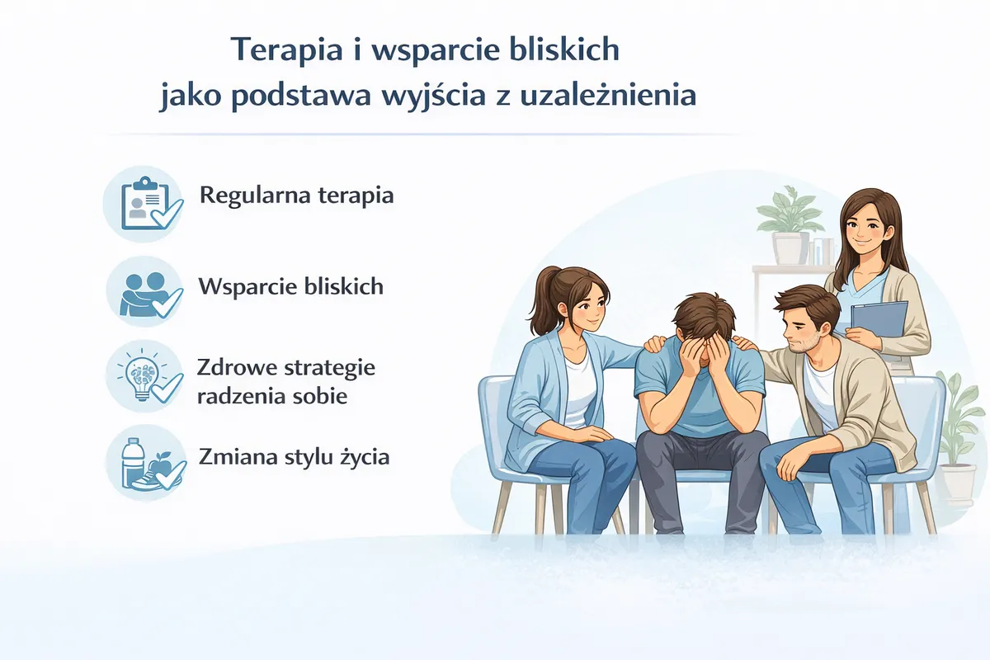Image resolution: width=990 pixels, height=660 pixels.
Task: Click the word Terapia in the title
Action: [287, 50]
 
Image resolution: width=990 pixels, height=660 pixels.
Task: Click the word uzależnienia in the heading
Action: [608, 95]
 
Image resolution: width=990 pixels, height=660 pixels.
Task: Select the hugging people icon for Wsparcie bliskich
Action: [144, 294]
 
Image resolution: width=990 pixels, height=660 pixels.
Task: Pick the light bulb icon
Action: [141, 375]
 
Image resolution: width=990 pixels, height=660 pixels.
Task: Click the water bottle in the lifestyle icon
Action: [130, 462]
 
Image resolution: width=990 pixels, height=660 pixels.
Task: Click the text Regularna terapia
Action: [296, 196]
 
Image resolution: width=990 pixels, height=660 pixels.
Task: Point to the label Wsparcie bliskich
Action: [290, 286]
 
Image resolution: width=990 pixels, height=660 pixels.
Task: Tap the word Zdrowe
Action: [237, 367]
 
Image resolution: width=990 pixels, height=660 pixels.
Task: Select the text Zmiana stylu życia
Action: [294, 457]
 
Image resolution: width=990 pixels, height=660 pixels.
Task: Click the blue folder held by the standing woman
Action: [879, 319]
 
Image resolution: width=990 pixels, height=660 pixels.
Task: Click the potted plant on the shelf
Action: [790, 225]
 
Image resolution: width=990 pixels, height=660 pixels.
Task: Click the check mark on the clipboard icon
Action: [167, 214]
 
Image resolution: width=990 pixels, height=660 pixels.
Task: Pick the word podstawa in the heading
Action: [301, 96]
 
